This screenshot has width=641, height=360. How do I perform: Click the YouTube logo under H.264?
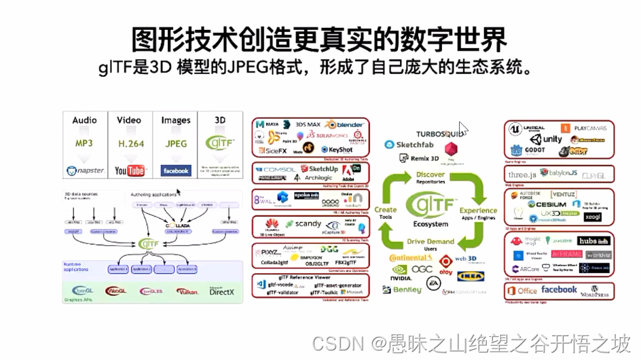pos(129,170)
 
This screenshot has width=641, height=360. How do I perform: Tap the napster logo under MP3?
pos(85,170)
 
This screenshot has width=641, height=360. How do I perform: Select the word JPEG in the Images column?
pos(175,143)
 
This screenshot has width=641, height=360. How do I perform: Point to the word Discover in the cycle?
pos(431,175)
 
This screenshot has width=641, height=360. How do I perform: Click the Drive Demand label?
pos(431,242)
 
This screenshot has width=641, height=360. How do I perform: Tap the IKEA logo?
pos(471,276)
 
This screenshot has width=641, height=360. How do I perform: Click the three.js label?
pos(522,175)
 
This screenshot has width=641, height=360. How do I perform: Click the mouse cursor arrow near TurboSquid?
pos(463,128)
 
